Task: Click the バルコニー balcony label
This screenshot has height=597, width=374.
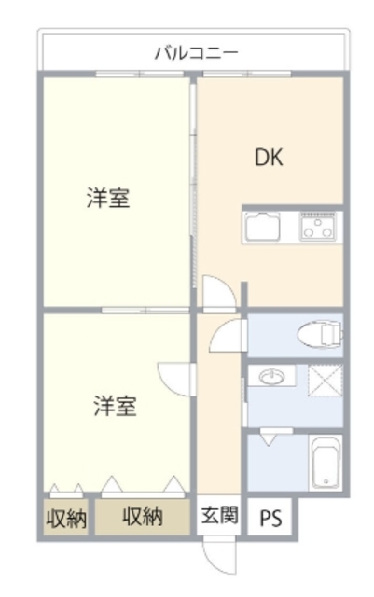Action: (x=196, y=51)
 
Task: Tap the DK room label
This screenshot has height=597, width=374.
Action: (x=270, y=157)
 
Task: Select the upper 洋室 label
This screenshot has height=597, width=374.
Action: (x=108, y=198)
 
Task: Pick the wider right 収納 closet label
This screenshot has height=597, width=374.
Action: (x=143, y=517)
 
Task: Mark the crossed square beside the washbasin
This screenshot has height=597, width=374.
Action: (x=325, y=382)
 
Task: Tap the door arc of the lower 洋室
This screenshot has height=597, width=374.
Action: (x=176, y=378)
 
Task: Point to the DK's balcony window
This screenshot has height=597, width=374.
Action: (x=270, y=75)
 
